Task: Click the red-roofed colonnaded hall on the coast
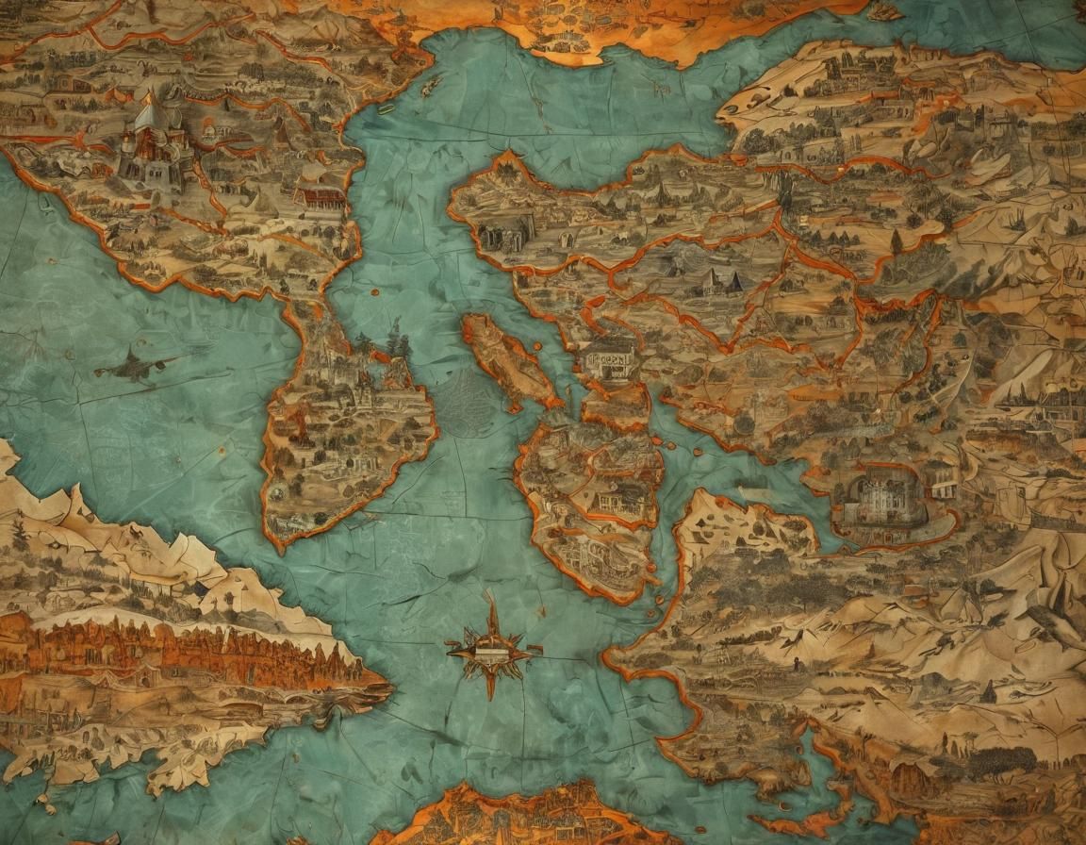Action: (321, 196)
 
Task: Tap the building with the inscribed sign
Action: (611, 361)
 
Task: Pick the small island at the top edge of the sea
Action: (883, 11)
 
